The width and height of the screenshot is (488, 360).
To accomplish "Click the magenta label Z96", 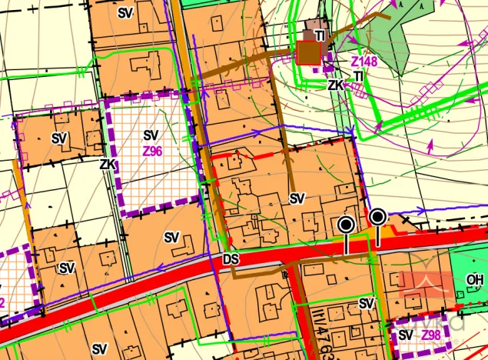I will pos(152,151).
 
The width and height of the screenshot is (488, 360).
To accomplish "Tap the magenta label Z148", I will pos(363,60).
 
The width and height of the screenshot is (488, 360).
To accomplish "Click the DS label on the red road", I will pos(232,260).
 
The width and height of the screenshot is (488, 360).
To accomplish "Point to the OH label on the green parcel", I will pos(476,278).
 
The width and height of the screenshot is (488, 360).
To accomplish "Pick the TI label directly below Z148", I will pos(358,75).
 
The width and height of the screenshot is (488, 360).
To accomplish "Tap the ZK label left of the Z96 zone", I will pos(107,164).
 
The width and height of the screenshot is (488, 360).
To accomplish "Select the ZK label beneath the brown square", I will pos(335,85).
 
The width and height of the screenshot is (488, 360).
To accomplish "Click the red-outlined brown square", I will pos(310,53).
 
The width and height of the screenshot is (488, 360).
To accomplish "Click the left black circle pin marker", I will pos(346,225).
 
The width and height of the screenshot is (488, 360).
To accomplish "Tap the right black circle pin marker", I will pos(377,217).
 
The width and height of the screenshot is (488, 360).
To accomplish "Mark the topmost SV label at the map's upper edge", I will pos(125,13).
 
